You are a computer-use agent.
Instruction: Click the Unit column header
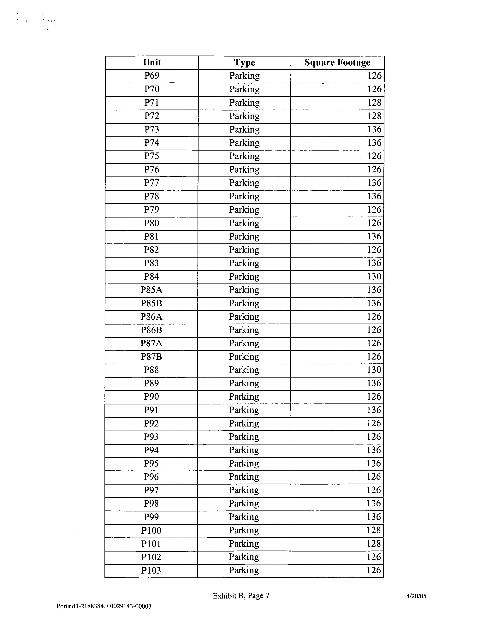click(152, 62)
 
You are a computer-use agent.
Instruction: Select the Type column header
click(244, 62)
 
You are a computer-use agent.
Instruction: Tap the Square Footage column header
click(337, 62)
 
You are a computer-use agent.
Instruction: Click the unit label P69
click(152, 76)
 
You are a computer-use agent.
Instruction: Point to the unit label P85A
click(151, 290)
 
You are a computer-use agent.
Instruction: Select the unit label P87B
click(151, 357)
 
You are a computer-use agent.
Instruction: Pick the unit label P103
click(151, 570)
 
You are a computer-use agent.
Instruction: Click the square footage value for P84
click(374, 276)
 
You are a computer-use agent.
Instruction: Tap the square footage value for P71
click(374, 103)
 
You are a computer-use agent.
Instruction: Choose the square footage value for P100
click(374, 530)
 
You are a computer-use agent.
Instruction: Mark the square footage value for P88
click(374, 370)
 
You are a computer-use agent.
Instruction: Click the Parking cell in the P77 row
click(244, 183)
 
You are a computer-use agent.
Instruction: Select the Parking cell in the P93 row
click(244, 437)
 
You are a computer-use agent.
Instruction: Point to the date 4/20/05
click(416, 596)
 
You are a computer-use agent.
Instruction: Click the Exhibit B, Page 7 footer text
click(241, 596)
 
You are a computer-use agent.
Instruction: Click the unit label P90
click(151, 397)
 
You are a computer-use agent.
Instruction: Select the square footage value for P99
click(374, 517)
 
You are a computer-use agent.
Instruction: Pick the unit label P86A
click(151, 317)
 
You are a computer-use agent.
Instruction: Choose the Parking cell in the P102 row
click(244, 557)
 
